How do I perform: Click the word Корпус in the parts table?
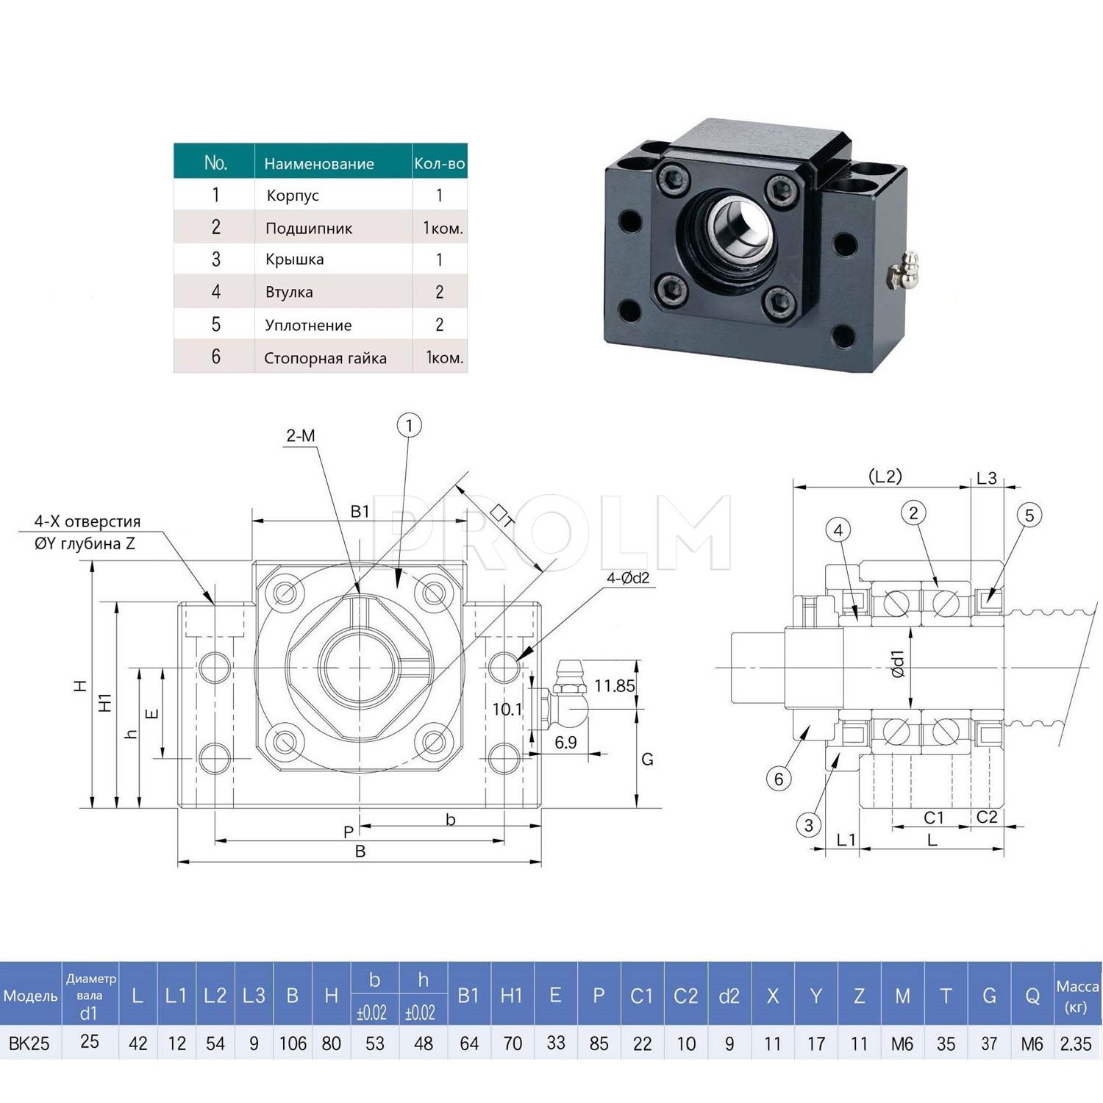pyautogui.click(x=293, y=196)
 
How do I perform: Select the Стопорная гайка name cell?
pyautogui.click(x=325, y=358)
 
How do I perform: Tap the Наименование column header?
pyautogui.click(x=319, y=163)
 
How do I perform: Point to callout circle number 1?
pyautogui.click(x=409, y=425)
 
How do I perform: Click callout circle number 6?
pyautogui.click(x=779, y=779)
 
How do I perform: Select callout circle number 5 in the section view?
pyautogui.click(x=1029, y=515)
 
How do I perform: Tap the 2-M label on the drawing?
pyautogui.click(x=301, y=436)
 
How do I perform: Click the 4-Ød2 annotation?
pyautogui.click(x=628, y=578)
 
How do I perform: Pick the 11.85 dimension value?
pyautogui.click(x=614, y=686)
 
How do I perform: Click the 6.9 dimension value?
pyautogui.click(x=565, y=743)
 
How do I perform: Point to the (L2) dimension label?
pyautogui.click(x=885, y=476)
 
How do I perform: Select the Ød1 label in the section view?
pyautogui.click(x=898, y=663)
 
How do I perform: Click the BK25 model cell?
pyautogui.click(x=29, y=1043)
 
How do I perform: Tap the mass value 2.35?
pyautogui.click(x=1076, y=1043)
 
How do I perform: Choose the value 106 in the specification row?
pyautogui.click(x=293, y=1043)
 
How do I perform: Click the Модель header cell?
pyautogui.click(x=30, y=996)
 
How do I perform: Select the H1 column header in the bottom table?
pyautogui.click(x=512, y=996)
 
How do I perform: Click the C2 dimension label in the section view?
pyautogui.click(x=987, y=817)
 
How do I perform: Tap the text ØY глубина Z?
pyautogui.click(x=85, y=543)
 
